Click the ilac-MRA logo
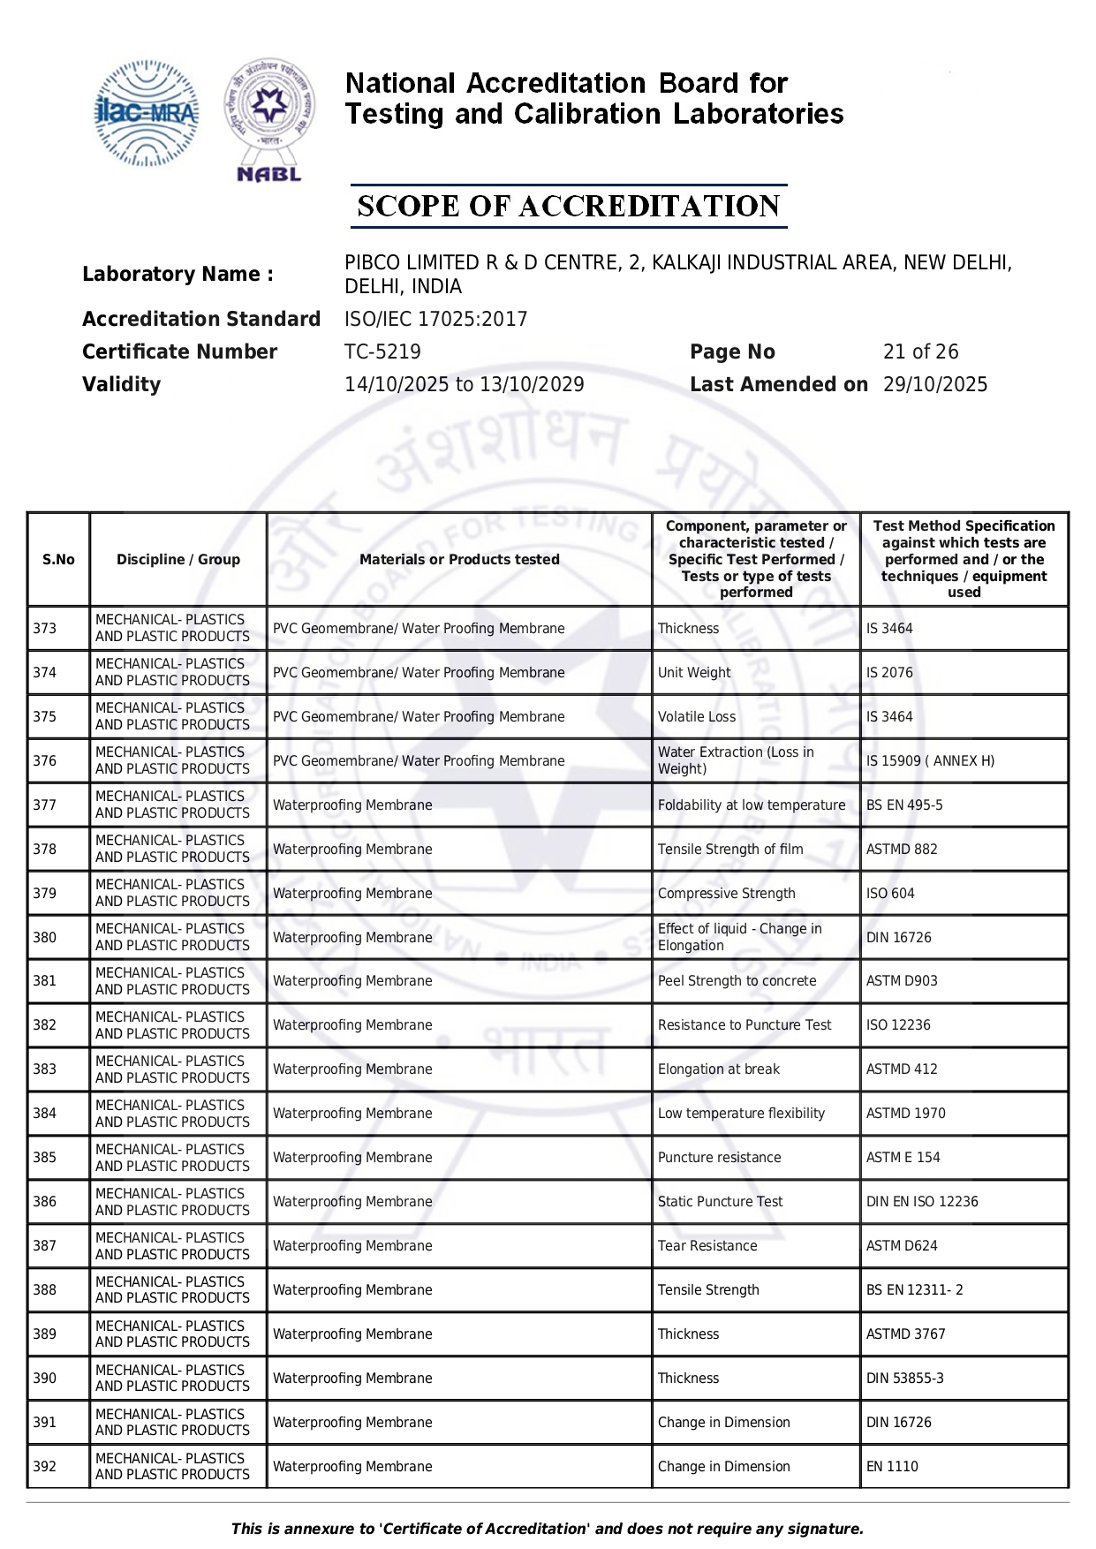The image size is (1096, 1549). coord(147,114)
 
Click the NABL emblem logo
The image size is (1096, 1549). coord(269,120)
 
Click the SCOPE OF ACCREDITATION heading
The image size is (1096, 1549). coord(569,206)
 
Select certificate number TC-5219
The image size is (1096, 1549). coord(382,351)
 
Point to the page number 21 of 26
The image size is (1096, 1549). coord(920,351)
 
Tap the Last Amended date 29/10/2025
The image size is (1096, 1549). coord(935,384)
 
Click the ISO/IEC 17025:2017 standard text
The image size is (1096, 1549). coord(435,319)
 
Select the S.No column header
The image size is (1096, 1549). coord(58,559)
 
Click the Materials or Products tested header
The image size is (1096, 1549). coord(459,559)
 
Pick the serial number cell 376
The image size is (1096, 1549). coord(45,760)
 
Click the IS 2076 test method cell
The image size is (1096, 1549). coord(889,672)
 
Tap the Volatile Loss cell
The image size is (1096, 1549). coord(697,716)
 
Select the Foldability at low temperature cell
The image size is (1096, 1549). coord(752,805)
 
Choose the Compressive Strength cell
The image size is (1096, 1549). coord(727,893)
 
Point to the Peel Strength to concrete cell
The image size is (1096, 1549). coord(737,980)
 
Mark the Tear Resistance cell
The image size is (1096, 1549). coord(707,1245)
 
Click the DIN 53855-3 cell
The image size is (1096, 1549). coord(905,1378)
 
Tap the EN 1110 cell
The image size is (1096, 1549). coord(892,1466)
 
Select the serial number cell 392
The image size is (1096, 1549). coord(45,1466)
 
